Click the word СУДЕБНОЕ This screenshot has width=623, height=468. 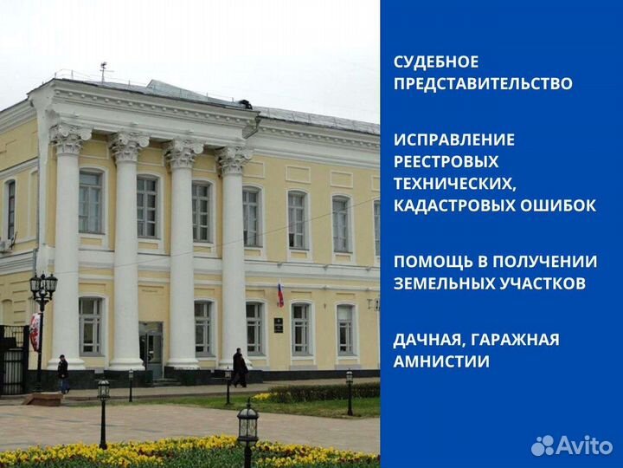point(436,62)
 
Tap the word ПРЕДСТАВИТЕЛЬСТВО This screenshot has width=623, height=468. point(483,84)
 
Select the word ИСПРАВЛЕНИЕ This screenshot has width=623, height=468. point(454,140)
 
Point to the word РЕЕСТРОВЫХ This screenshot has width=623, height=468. point(446,161)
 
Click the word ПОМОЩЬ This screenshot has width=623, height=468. point(432,261)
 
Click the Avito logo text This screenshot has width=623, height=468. point(584,445)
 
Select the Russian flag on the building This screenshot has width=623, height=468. point(279,294)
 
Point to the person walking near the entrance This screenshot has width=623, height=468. point(239,367)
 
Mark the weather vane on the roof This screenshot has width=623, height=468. point(103,70)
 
